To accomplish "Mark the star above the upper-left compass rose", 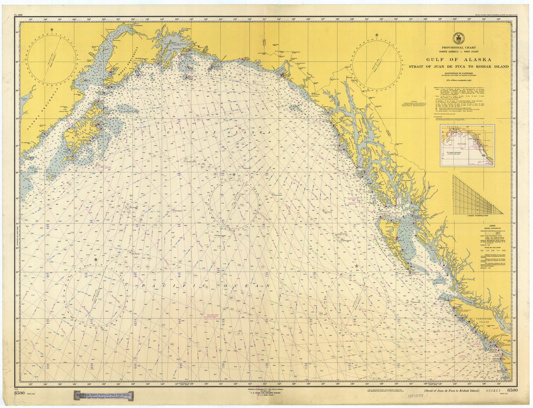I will pyautogui.click(x=52, y=30).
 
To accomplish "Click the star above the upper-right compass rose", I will pyautogui.click(x=377, y=35).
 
